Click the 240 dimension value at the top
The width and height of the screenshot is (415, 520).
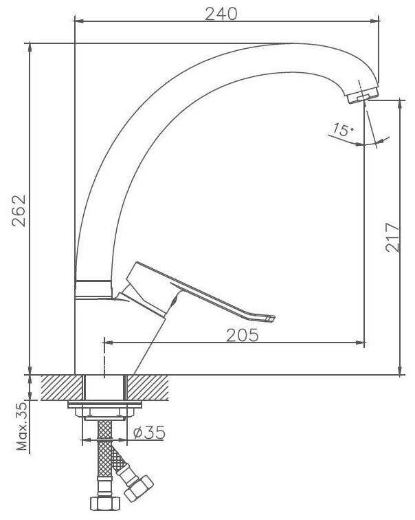(221, 14)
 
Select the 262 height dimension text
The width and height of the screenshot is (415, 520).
(19, 210)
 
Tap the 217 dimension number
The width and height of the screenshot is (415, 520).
(393, 237)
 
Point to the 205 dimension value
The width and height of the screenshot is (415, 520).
(242, 335)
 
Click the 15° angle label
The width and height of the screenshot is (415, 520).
(343, 129)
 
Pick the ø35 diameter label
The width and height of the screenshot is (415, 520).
(148, 433)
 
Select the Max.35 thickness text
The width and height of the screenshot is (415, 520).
(23, 426)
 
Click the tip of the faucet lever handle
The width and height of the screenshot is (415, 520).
(272, 318)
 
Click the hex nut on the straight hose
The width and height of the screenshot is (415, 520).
(104, 503)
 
